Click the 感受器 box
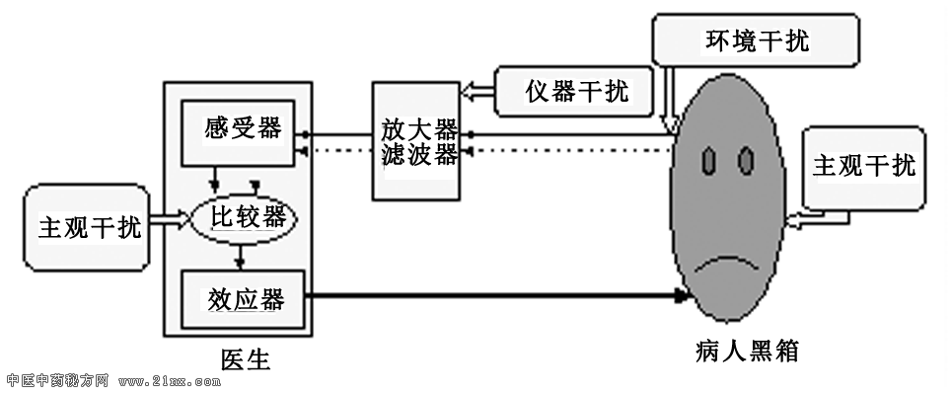point(242,128)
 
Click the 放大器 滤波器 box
point(418,141)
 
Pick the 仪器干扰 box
point(576,92)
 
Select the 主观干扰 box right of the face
point(862,167)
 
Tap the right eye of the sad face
point(746,158)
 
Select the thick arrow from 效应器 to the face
point(493,294)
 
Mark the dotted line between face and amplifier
point(572,150)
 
